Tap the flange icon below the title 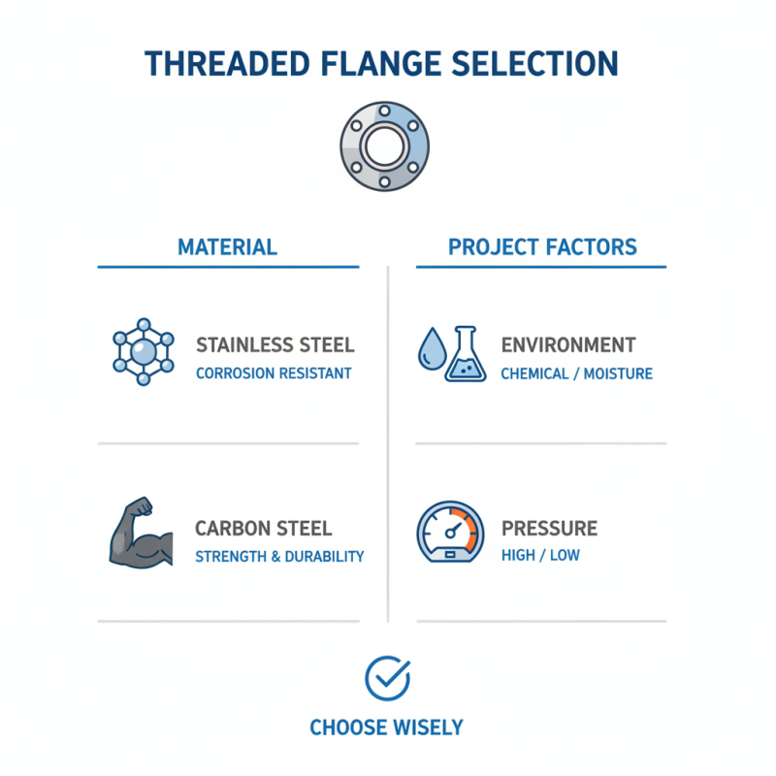tap(386, 145)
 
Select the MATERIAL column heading tap(227, 246)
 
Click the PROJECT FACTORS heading tap(542, 246)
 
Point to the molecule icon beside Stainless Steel tap(144, 351)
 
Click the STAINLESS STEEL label tap(275, 345)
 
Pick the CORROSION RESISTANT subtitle tap(274, 373)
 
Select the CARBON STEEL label tap(263, 529)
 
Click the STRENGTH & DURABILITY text tap(279, 557)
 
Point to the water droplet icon tap(429, 349)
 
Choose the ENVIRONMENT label tap(568, 345)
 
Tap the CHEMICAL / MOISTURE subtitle tap(576, 373)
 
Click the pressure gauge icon tap(449, 533)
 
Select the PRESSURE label tap(549, 529)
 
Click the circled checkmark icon tap(387, 678)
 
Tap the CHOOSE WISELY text tap(387, 727)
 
